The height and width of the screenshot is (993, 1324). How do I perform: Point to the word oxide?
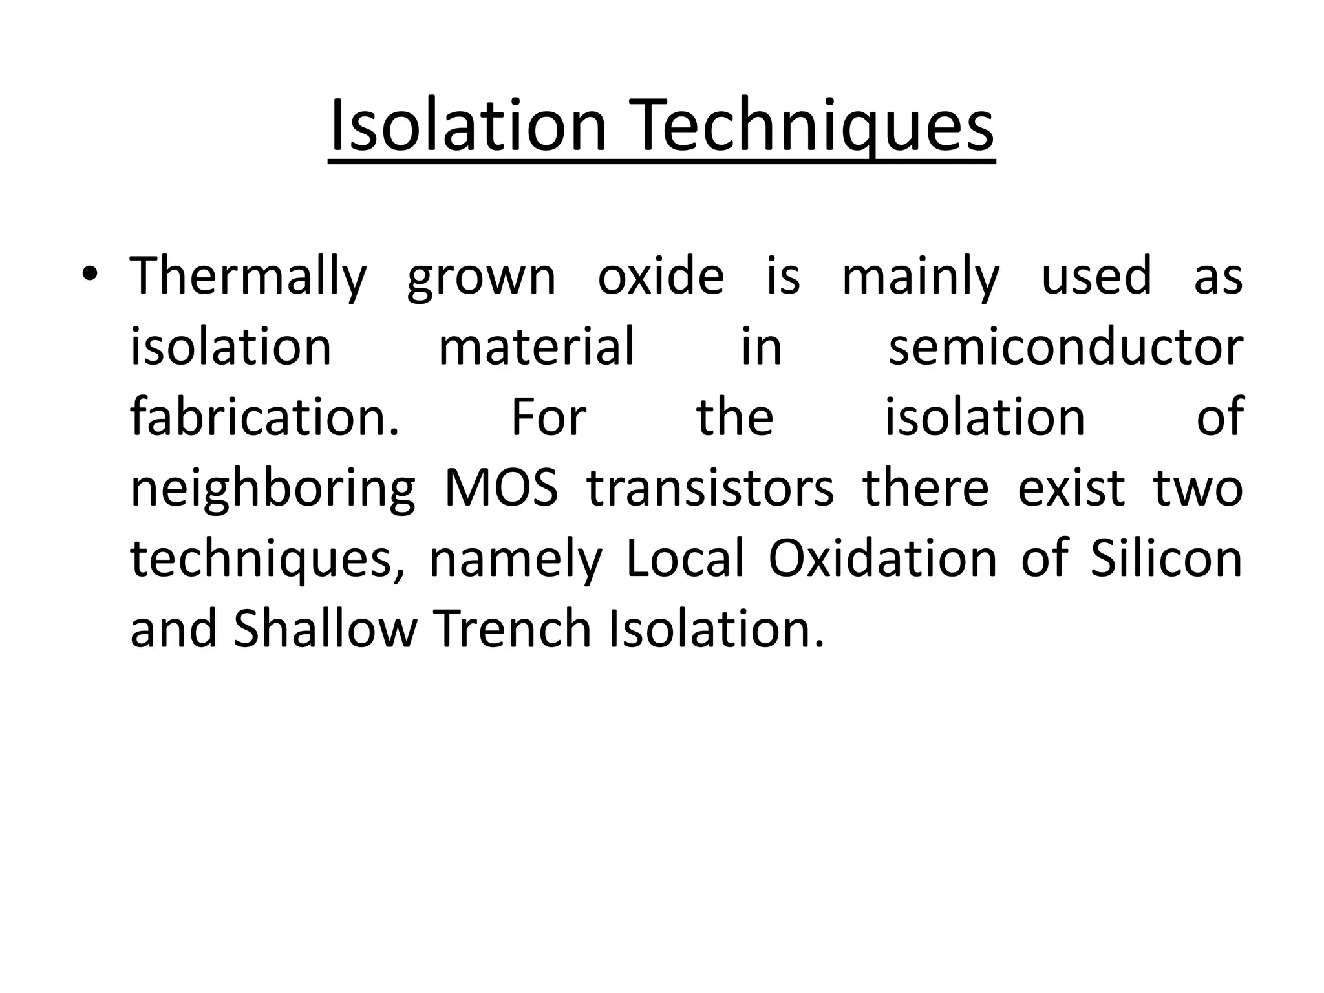[661, 277]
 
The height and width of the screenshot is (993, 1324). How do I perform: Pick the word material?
[536, 347]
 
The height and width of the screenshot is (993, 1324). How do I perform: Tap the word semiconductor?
[1065, 347]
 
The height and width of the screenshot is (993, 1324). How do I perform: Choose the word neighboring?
[273, 489]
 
